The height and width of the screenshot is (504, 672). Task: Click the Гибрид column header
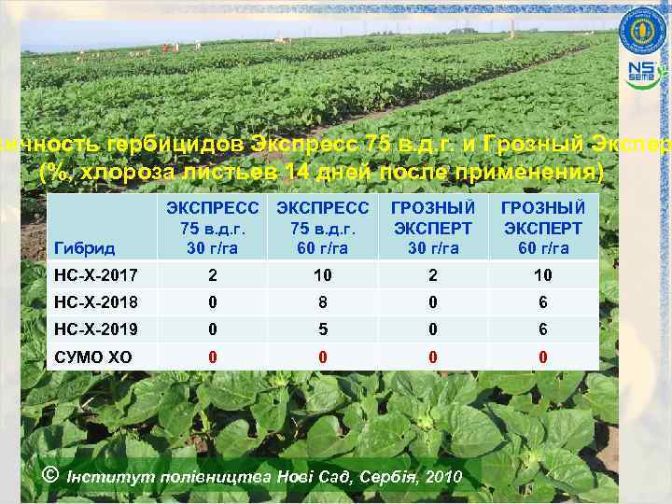click(x=85, y=248)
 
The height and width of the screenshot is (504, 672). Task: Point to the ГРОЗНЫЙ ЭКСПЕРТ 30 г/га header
click(x=432, y=227)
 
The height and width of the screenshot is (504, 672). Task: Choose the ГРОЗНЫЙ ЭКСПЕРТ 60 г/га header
click(x=542, y=227)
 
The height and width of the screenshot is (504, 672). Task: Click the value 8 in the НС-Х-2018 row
click(x=321, y=302)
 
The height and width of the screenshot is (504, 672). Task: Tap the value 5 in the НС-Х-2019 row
click(x=321, y=329)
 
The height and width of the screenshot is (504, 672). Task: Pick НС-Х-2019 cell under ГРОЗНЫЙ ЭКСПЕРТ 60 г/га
click(x=542, y=329)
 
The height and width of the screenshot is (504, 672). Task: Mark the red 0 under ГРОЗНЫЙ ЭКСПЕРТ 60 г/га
click(x=542, y=357)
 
